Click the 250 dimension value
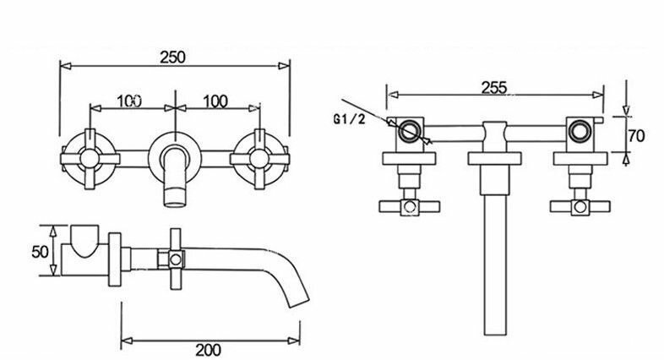click(x=173, y=57)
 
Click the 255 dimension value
click(x=494, y=88)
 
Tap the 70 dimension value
click(x=636, y=136)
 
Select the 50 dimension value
click(x=40, y=252)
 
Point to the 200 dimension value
click(x=208, y=350)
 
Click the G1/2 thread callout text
click(x=349, y=119)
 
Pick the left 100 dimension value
click(x=129, y=101)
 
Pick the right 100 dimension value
click(x=215, y=101)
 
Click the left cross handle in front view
click(x=90, y=158)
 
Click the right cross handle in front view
click(x=259, y=158)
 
